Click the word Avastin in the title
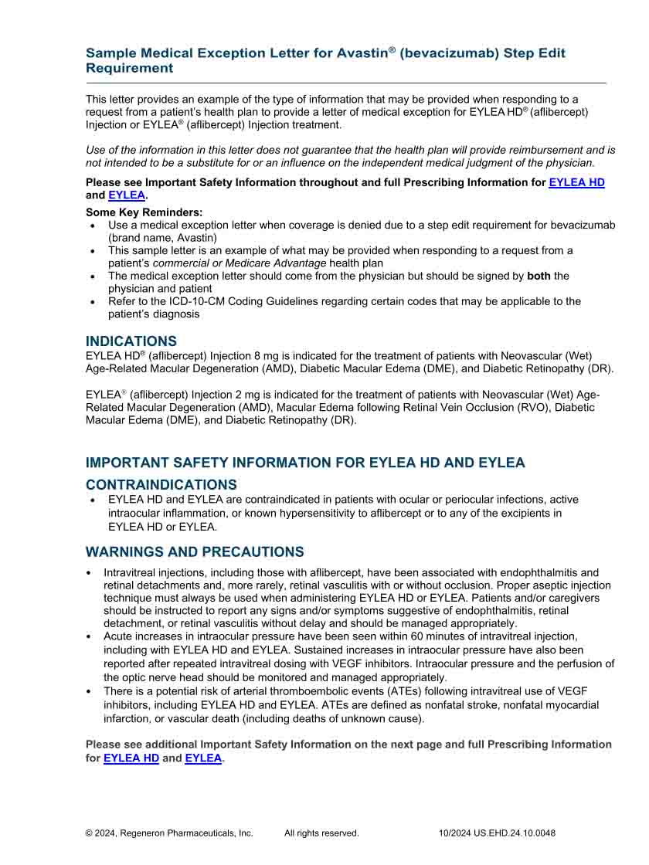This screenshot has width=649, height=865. (x=362, y=53)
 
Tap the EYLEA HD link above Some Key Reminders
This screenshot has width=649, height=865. (x=576, y=182)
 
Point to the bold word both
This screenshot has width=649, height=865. (x=539, y=276)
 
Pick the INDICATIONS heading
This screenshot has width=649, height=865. (x=131, y=341)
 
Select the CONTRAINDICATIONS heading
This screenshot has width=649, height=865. (x=161, y=485)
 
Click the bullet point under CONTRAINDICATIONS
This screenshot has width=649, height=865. (x=93, y=500)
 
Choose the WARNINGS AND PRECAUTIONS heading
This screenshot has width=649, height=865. (x=195, y=552)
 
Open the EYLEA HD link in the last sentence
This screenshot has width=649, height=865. (x=131, y=758)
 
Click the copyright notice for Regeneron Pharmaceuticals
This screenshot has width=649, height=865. (x=169, y=833)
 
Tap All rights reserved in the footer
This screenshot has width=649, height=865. (x=321, y=833)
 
